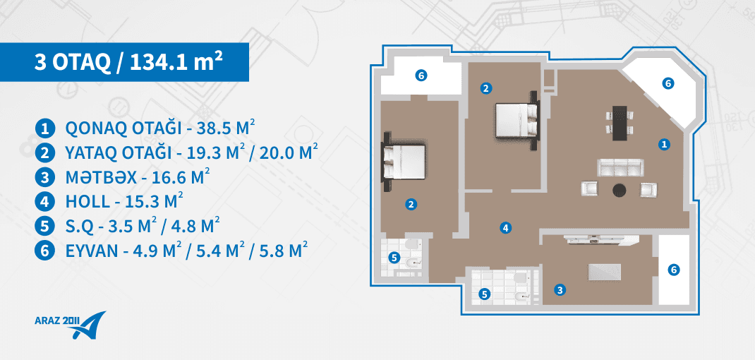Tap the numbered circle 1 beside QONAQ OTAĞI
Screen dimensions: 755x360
pyautogui.click(x=44, y=128)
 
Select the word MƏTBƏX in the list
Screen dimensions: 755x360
pyautogui.click(x=102, y=177)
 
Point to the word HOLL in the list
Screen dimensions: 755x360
pyautogui.click(x=87, y=202)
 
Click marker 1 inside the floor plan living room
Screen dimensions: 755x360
pyautogui.click(x=664, y=143)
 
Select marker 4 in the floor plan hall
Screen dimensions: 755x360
pyautogui.click(x=505, y=228)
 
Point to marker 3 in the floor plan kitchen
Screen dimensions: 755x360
pyautogui.click(x=559, y=290)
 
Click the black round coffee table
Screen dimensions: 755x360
pyautogui.click(x=620, y=190)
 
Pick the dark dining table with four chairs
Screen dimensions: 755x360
pyautogui.click(x=619, y=123)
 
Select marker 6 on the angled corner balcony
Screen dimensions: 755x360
pyautogui.click(x=667, y=83)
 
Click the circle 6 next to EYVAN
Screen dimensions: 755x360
pyautogui.click(x=44, y=251)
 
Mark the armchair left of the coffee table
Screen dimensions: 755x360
pyautogui.click(x=590, y=189)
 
